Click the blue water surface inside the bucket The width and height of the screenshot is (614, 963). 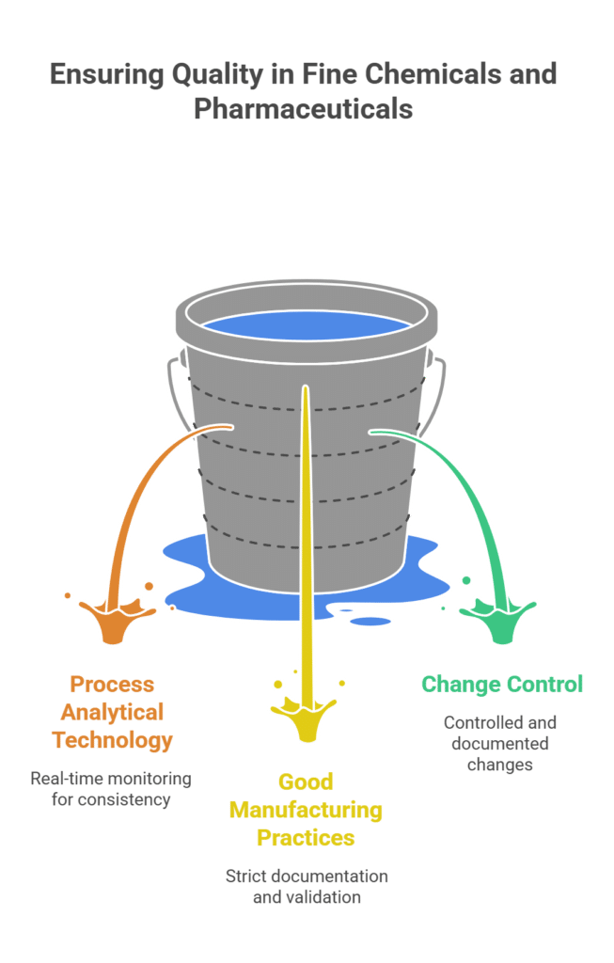[x=307, y=325]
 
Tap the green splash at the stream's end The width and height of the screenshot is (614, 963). [x=497, y=622]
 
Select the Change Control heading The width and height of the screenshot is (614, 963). [x=502, y=684]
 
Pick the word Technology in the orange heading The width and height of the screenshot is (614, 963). [x=113, y=740]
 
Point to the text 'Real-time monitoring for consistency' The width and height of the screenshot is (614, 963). [x=111, y=789]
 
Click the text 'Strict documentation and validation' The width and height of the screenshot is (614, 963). [x=306, y=886]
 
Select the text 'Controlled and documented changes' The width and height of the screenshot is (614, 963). [x=500, y=744]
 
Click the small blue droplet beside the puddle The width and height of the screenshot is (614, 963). [x=371, y=620]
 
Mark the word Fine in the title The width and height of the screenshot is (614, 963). [x=324, y=75]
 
